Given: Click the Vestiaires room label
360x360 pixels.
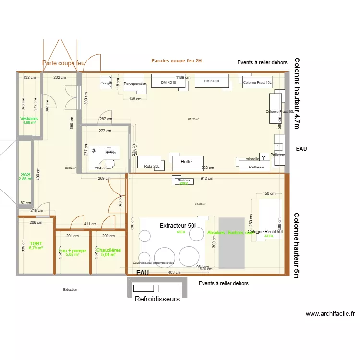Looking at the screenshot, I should tap(29, 118).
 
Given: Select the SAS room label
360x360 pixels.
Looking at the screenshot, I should tap(25, 175).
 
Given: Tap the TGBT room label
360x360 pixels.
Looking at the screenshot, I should tap(36, 243).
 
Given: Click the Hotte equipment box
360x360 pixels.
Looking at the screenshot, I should tap(186, 162).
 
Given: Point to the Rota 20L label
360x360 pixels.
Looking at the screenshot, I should tap(152, 166).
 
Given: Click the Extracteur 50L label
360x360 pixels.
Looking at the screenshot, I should tap(178, 225).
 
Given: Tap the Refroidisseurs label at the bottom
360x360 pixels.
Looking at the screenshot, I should tap(157, 299).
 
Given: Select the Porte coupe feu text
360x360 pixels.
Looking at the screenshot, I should tap(63, 63).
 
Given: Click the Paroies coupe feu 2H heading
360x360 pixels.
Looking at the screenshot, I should tap(177, 61).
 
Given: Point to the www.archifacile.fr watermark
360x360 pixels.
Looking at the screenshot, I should tap(330, 314).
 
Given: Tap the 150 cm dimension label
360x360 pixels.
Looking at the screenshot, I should tap(269, 194).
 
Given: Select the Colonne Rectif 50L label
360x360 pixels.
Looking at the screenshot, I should tap(266, 231).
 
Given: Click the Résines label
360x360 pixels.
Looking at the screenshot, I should tap(184, 180).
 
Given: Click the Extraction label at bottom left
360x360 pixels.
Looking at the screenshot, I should tap(70, 290).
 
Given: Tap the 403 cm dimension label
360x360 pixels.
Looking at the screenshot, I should tap(175, 273).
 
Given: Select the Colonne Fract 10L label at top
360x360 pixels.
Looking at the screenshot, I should tap(257, 83).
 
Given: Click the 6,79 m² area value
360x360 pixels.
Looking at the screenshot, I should tap(36, 248).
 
